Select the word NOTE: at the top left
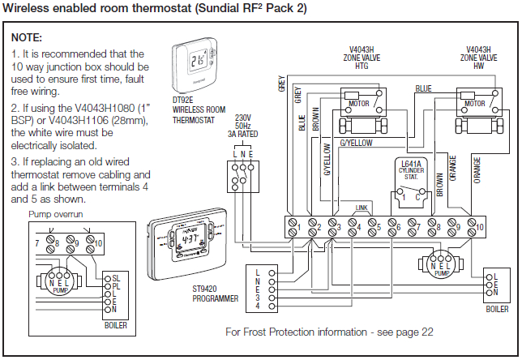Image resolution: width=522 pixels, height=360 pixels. coord(27,38)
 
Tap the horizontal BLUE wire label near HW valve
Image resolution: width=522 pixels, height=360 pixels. coord(423,88)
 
